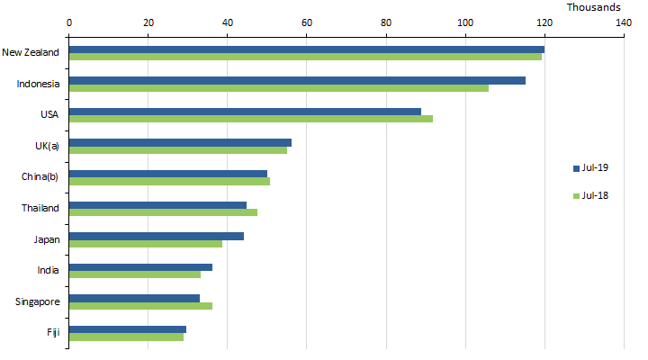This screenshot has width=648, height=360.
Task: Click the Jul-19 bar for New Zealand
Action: pos(306,49)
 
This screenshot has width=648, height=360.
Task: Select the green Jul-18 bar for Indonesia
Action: pos(279,87)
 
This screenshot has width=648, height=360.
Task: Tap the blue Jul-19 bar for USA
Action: pos(245,112)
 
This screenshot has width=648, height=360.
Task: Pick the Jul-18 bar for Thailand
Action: pos(163,212)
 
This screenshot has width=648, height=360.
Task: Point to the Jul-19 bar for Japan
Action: pos(157,236)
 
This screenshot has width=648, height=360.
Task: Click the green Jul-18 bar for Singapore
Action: pos(140,306)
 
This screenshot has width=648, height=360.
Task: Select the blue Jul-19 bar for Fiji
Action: pos(128,329)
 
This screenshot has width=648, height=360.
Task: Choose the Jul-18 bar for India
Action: pos(135,274)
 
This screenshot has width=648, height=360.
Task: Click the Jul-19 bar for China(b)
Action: pos(168,174)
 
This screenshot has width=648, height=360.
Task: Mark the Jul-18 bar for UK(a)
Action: pos(178,149)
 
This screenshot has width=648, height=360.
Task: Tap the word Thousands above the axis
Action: pos(593,7)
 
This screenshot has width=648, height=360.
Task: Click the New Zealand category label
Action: pos(31,52)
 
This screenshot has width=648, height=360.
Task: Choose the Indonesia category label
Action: pos(39,84)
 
